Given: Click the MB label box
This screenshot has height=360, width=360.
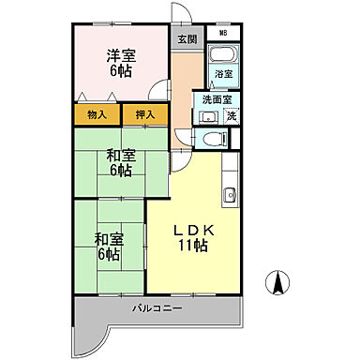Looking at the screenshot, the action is click(x=223, y=33).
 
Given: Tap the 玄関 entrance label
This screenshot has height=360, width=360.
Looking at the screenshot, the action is click(x=187, y=38).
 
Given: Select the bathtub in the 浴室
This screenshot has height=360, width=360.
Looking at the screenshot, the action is click(x=223, y=53).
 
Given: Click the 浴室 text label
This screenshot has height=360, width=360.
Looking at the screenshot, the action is click(x=223, y=74).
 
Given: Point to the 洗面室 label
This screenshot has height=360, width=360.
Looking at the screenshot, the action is click(x=217, y=100).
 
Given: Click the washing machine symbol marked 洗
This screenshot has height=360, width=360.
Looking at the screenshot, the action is click(x=232, y=115).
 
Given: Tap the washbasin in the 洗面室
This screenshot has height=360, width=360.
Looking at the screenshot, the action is click(x=207, y=117).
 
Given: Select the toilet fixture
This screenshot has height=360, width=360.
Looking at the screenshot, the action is click(x=215, y=138).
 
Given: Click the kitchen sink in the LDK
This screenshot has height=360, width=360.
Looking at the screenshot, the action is click(x=230, y=195).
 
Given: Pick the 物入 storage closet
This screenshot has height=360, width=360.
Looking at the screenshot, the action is click(x=97, y=114).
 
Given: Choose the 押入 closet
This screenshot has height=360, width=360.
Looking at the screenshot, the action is click(x=145, y=114).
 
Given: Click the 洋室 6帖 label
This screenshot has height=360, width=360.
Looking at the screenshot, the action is click(x=121, y=64).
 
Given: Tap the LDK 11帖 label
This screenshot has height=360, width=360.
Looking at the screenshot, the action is click(x=194, y=238).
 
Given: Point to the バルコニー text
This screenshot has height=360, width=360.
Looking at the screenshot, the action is click(x=157, y=308).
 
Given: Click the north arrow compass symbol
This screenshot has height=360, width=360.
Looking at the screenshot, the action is click(x=277, y=282).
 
